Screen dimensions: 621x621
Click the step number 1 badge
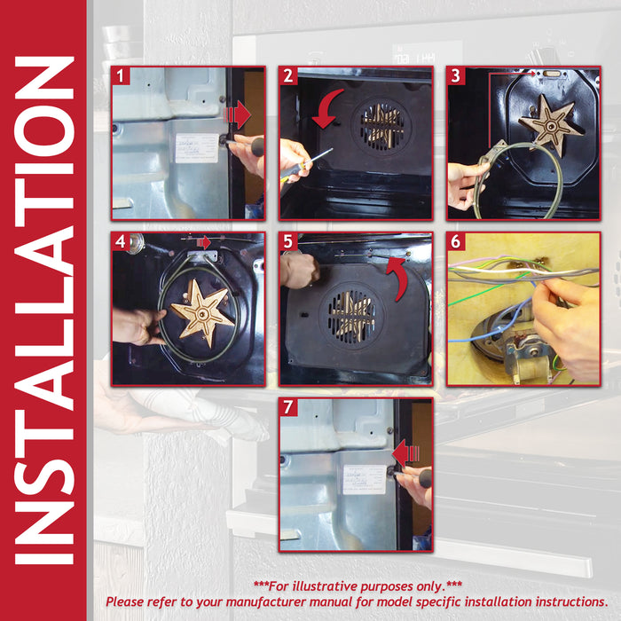pos(121,75)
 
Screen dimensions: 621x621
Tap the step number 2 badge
pos(288,75)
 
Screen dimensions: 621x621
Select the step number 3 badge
pos(456,75)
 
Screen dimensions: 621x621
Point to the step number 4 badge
pos(121,241)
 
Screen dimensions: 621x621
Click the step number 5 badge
pos(288,241)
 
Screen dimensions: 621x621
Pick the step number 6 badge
pos(456,241)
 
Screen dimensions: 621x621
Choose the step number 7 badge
pos(288,407)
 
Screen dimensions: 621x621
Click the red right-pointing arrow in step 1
pos(237,114)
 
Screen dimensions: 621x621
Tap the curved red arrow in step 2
pos(326,109)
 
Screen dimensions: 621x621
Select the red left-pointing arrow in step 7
pos(406,453)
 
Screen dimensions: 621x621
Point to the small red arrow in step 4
pos(203,242)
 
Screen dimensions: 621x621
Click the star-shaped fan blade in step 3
pos(551,125)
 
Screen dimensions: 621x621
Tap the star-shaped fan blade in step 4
pos(202,313)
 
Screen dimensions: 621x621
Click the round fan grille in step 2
pos(381,128)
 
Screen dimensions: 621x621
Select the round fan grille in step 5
pos(351,317)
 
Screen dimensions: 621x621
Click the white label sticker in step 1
pos(197,148)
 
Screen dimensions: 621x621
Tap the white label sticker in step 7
pos(365,480)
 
